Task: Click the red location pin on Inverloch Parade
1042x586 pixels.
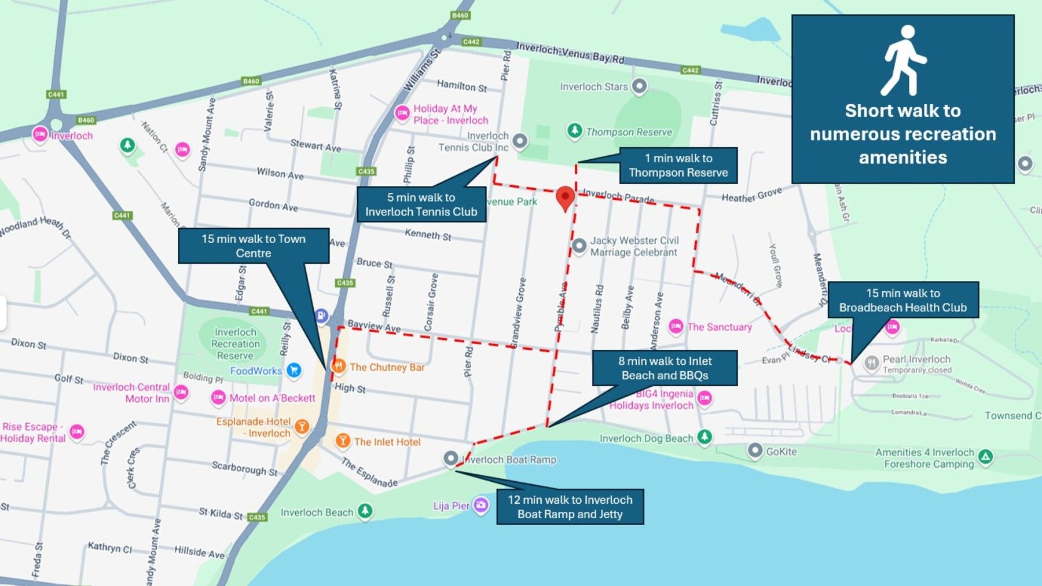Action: [565, 197]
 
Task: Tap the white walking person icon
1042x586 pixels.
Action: [903, 61]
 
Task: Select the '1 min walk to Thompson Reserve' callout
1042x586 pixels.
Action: [678, 165]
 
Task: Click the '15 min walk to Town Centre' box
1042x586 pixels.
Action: [254, 246]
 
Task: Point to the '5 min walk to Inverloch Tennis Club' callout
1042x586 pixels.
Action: [421, 204]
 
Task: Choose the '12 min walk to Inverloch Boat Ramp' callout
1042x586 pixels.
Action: [570, 507]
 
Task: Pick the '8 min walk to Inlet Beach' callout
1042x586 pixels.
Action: [665, 368]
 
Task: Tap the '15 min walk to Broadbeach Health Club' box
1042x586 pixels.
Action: [902, 300]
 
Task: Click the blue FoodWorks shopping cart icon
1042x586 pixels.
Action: [294, 370]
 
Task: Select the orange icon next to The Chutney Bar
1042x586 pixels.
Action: [339, 366]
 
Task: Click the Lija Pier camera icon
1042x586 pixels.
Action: [480, 505]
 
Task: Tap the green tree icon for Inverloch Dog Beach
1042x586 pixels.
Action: [705, 437]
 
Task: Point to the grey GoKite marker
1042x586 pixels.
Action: [755, 451]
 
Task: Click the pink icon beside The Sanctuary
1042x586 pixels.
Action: [676, 327]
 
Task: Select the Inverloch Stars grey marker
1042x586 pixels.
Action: [639, 86]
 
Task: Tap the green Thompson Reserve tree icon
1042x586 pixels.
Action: [574, 131]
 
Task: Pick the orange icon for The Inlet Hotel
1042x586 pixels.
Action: [343, 441]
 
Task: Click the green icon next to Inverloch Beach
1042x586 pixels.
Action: [365, 511]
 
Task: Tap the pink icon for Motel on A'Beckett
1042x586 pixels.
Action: [218, 397]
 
